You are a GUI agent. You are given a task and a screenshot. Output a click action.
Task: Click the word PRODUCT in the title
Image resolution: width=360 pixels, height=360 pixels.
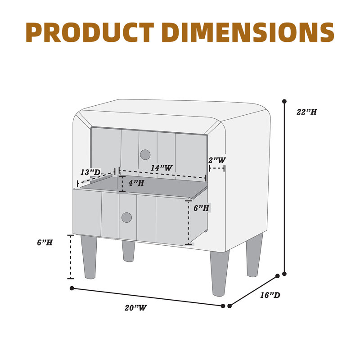click(90, 32)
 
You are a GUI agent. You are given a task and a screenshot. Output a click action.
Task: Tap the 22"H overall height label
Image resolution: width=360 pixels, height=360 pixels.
click(307, 112)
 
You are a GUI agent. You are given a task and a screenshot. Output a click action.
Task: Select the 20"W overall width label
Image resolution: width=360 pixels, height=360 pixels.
click(135, 308)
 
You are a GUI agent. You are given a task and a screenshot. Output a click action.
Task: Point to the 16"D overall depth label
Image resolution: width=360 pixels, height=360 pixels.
click(270, 295)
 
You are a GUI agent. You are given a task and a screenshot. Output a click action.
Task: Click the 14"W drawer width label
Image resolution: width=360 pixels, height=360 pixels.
click(162, 168)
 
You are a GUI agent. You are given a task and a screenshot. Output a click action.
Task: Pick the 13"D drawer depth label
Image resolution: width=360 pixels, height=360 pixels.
click(90, 172)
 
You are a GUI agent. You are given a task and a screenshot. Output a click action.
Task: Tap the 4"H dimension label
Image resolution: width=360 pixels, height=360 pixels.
click(136, 183)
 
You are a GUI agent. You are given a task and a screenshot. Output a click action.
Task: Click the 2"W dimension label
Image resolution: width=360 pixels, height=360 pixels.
click(217, 160)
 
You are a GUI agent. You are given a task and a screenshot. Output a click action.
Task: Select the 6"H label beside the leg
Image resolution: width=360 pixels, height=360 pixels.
click(45, 242)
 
